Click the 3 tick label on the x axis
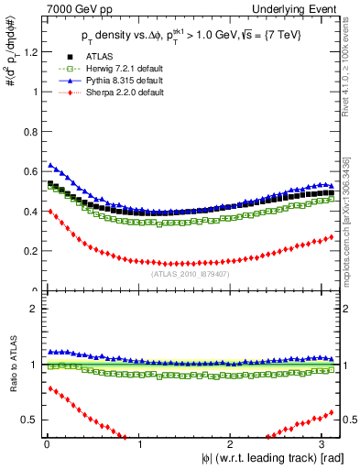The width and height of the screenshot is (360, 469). click(x=325, y=443)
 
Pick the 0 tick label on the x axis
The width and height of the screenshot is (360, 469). click(x=45, y=443)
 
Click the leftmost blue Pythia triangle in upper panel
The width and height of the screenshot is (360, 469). click(x=49, y=165)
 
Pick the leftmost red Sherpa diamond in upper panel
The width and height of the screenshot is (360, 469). click(x=49, y=212)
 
